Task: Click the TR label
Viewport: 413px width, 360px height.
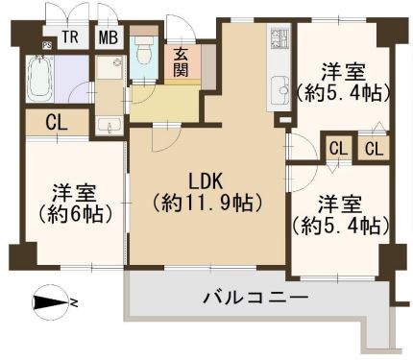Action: click(x=70, y=36)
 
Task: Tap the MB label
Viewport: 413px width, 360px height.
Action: click(x=109, y=36)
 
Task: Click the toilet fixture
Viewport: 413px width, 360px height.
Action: click(x=145, y=49)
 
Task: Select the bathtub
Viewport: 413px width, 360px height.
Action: click(x=39, y=79)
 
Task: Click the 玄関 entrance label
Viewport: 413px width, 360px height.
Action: click(x=181, y=63)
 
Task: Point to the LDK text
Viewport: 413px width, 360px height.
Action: click(x=206, y=182)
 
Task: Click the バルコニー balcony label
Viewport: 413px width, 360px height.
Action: click(x=255, y=298)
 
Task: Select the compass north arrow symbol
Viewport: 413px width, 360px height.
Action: click(x=52, y=302)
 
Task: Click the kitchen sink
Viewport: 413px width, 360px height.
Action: click(x=279, y=90)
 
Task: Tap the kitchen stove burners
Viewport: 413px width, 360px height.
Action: click(x=279, y=37)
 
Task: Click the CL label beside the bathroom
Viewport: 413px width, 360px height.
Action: click(x=57, y=122)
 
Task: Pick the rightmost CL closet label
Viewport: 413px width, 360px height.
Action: click(x=375, y=149)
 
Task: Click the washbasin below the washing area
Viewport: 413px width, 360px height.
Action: click(x=109, y=125)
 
